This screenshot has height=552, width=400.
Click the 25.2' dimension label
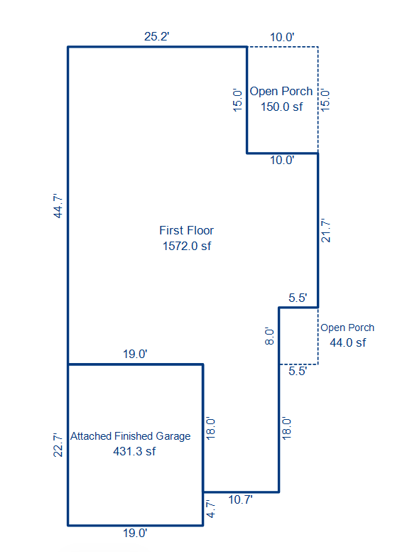tap(157, 36)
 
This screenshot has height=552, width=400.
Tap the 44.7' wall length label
tap(58, 206)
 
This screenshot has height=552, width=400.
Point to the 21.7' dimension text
tap(325, 231)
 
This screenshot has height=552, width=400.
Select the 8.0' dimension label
tap(269, 336)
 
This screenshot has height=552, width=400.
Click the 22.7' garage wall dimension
tap(58, 445)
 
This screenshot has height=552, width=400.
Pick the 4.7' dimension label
tap(210, 509)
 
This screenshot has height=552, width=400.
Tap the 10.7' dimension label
tap(240, 499)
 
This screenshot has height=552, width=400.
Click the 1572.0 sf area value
tap(187, 246)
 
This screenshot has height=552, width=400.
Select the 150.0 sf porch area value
tap(281, 107)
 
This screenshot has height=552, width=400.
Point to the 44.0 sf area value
tap(348, 342)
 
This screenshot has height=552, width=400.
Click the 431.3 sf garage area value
tap(134, 451)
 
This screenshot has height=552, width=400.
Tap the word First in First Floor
tap(170, 230)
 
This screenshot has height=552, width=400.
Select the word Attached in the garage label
tap(91, 435)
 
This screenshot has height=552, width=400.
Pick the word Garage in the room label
tap(173, 436)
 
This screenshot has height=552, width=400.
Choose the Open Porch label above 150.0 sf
tap(281, 91)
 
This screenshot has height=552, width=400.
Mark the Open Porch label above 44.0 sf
tap(347, 328)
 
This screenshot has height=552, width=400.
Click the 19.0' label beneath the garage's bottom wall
tap(135, 533)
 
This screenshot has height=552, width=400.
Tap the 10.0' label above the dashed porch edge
tap(282, 37)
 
